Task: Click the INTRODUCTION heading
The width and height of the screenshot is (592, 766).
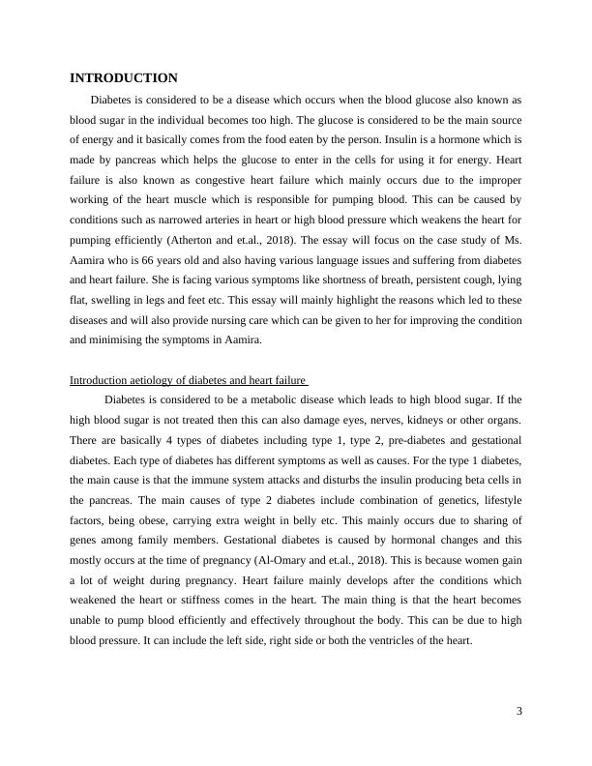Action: click(x=123, y=77)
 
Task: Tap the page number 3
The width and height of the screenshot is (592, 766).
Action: click(x=518, y=713)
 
